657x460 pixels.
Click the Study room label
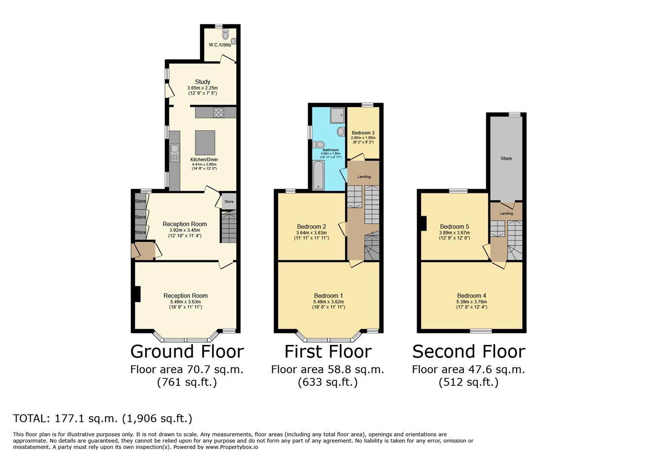click(203, 82)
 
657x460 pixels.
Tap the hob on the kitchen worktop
click(219, 112)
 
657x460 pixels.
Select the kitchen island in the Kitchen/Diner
click(205, 143)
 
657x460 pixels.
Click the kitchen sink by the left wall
click(175, 152)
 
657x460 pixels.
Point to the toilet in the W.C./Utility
click(225, 34)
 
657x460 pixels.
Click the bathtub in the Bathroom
click(318, 175)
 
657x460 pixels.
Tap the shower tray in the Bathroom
click(337, 115)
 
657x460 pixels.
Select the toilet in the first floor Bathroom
click(319, 144)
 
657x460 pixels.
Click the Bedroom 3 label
click(363, 133)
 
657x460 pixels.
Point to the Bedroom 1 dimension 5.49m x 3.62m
click(328, 302)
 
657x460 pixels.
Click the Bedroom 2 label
click(311, 227)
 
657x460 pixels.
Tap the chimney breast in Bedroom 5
click(423, 223)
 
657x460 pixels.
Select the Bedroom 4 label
click(471, 296)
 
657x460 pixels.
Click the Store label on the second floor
click(506, 158)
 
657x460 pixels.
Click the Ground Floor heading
click(187, 351)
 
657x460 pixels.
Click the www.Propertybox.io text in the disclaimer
click(232, 447)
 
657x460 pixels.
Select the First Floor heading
click(328, 351)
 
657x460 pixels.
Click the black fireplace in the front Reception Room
click(137, 294)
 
